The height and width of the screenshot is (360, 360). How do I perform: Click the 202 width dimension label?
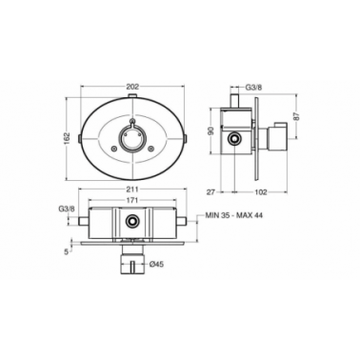[x=132, y=86]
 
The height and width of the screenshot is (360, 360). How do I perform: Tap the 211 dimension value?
[x=132, y=190]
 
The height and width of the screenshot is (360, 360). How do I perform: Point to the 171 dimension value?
[x=132, y=200]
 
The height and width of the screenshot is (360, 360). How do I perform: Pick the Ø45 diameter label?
[x=156, y=264]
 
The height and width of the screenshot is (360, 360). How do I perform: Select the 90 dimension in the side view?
[x=214, y=130]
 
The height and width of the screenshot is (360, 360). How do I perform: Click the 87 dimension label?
[x=297, y=116]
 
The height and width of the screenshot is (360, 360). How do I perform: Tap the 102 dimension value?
[x=260, y=191]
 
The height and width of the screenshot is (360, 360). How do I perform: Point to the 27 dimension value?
[x=211, y=191]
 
